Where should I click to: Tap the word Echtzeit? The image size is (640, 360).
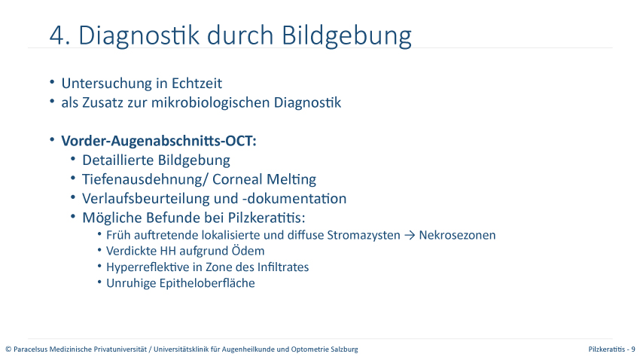pos(197,84)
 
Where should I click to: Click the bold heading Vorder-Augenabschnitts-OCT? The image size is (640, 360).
pos(159,141)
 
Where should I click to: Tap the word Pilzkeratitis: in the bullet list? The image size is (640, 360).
pos(267,218)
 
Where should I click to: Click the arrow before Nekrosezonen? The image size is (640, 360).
pos(410,236)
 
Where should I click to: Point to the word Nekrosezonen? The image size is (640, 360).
pos(457,235)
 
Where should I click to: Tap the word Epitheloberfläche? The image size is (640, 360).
pos(207,283)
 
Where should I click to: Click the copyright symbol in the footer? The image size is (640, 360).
pos(8,349)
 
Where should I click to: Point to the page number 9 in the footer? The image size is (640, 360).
pos(633,349)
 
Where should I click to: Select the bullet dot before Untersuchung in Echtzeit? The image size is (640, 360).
pos(52,82)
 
